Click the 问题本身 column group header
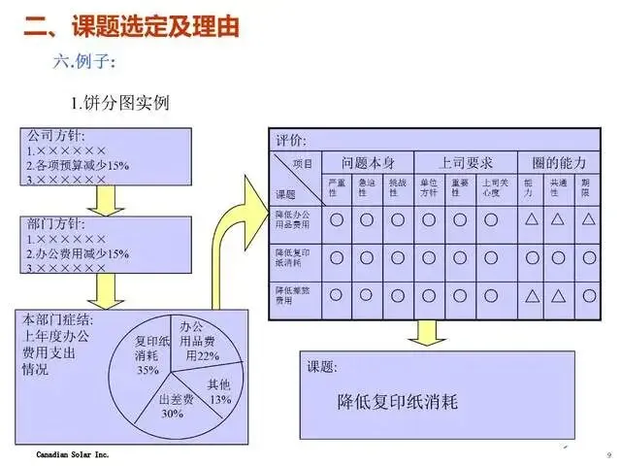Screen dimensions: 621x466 tap(365, 163)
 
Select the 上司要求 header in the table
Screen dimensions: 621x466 tap(452, 163)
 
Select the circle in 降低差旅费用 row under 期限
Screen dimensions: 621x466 tap(587, 294)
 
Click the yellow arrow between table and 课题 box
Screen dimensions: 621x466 tap(427, 330)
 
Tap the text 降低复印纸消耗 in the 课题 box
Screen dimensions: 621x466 tap(397, 402)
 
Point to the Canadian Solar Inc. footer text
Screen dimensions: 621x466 tap(73, 454)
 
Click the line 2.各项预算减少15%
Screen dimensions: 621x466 tap(79, 165)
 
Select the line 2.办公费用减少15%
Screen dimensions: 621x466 tap(79, 253)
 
